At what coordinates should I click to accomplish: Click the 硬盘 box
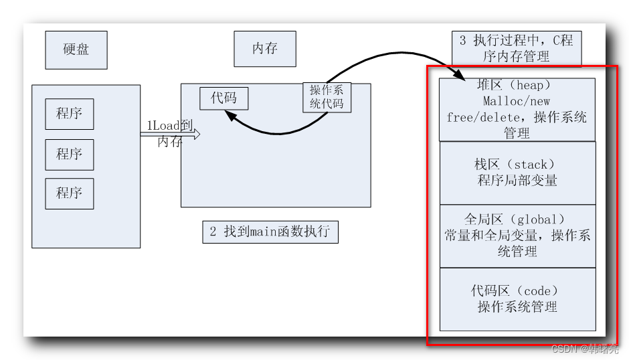coord(76,50)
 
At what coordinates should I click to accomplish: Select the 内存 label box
coord(265,49)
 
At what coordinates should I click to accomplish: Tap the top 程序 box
coord(70,114)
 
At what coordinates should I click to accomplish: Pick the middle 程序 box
coord(70,155)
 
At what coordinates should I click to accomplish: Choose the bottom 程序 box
coord(70,193)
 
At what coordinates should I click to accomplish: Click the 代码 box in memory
coord(223,98)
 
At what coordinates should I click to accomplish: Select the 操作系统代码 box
coord(327,97)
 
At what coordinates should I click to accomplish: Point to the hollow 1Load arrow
coord(171,134)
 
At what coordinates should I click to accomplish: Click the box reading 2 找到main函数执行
coord(270,232)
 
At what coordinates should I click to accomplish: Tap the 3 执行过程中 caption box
coord(516,49)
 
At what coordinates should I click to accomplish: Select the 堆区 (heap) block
coord(517,110)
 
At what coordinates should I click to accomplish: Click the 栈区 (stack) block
coord(517,173)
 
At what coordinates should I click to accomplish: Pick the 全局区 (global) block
coord(517,236)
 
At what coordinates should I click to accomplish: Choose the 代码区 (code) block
coord(517,299)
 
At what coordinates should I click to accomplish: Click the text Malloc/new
coord(517,101)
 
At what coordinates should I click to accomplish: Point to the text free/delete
coord(476,117)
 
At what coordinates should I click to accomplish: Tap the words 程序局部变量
coord(517,181)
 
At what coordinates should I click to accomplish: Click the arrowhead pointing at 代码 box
coord(231,116)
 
